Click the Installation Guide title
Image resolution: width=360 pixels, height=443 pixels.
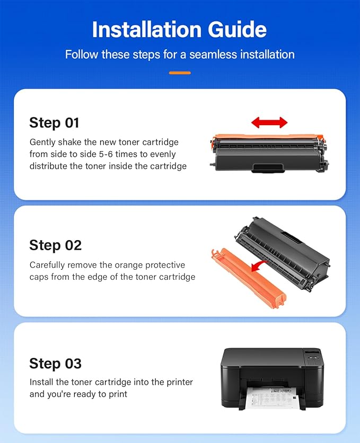(180, 30)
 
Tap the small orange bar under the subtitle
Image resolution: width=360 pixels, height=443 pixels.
(180, 73)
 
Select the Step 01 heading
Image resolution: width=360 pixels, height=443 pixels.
(54, 122)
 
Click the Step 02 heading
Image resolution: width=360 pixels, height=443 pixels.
(55, 245)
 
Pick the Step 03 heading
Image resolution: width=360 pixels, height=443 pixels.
(55, 363)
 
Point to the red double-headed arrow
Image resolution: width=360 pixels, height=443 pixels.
(269, 123)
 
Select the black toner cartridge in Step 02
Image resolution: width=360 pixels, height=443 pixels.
(284, 249)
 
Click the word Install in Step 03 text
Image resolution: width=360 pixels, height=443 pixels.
(41, 382)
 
